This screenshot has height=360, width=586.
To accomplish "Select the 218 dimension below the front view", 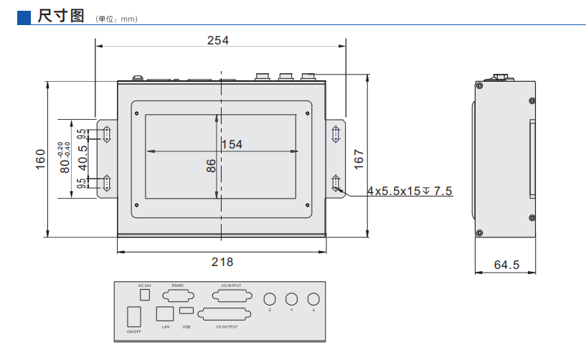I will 222,262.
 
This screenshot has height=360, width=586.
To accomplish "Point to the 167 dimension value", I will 359,159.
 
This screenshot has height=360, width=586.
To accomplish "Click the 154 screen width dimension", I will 232,144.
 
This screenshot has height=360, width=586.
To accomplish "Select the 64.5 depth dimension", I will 506,265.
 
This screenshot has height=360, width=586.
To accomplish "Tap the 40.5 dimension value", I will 83,158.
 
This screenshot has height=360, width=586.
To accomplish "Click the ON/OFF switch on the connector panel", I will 133,316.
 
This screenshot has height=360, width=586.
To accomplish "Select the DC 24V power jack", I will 144,294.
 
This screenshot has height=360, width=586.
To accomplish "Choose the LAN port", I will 164,313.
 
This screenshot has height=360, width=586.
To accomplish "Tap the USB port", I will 186,311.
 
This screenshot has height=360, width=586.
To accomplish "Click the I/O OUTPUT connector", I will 227,315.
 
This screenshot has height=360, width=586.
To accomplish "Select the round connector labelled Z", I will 270,299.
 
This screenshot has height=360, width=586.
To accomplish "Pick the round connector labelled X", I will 313,299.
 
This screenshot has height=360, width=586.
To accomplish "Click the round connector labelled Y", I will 291,299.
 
